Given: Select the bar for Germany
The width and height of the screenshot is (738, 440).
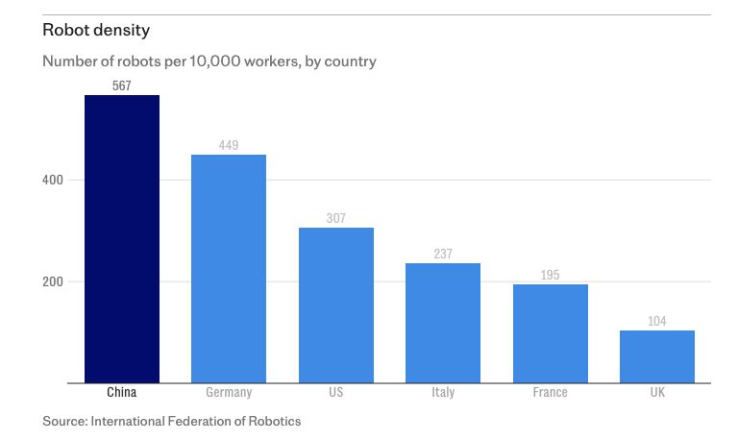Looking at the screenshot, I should point(229,268).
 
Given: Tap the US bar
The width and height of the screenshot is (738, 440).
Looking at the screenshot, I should point(335,305).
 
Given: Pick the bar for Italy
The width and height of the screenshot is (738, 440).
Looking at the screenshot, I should point(443,322).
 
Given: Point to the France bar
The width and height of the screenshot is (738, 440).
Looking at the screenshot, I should point(550,332).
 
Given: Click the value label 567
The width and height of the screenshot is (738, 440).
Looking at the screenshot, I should point(122,86).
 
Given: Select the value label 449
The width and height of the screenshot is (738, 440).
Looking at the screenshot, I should point(229,145).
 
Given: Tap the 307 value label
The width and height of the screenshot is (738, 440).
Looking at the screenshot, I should point(335,218).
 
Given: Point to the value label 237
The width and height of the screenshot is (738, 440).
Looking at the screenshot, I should point(443,254).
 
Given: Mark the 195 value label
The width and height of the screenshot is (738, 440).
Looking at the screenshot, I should point(550,275).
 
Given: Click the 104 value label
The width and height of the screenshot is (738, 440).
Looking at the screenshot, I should point(657,321).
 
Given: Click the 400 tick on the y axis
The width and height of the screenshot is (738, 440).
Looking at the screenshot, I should point(53,180).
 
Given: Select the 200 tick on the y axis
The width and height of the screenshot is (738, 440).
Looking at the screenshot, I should point(53,281).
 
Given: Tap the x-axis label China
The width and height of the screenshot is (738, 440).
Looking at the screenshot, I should point(122,392).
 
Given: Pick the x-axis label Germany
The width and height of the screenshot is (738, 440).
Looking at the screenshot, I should point(229,392).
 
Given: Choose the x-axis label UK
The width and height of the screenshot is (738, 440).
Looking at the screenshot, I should point(657,392).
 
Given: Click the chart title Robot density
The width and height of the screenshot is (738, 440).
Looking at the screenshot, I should point(96,30).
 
